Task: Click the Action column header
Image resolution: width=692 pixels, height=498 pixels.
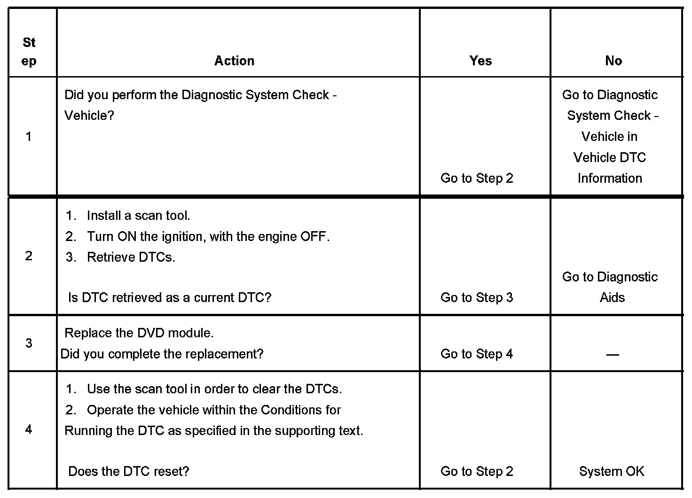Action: pyautogui.click(x=234, y=61)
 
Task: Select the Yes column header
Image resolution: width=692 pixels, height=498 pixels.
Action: pyautogui.click(x=480, y=61)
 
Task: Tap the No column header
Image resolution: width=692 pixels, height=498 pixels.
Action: pyautogui.click(x=613, y=61)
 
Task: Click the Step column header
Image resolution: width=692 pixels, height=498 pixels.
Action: pyautogui.click(x=29, y=52)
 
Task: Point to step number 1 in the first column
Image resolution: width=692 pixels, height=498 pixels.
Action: pyautogui.click(x=29, y=137)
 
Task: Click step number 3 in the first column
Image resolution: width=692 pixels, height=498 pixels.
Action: pyautogui.click(x=29, y=343)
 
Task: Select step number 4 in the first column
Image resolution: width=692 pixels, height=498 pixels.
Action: pyautogui.click(x=29, y=429)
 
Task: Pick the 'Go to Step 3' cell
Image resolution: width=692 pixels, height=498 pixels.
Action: pyautogui.click(x=477, y=297)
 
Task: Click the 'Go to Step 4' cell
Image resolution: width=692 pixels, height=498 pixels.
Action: pyautogui.click(x=477, y=354)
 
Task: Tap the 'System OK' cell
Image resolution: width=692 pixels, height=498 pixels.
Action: pyautogui.click(x=612, y=471)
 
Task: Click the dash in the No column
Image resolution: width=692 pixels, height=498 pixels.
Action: pyautogui.click(x=613, y=355)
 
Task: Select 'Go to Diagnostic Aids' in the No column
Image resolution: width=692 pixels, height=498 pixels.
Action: pyautogui.click(x=610, y=287)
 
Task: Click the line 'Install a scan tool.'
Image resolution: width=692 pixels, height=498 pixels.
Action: pyautogui.click(x=138, y=216)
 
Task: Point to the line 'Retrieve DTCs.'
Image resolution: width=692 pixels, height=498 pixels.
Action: pyautogui.click(x=131, y=257)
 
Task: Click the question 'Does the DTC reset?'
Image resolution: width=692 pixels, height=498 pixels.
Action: pyautogui.click(x=128, y=471)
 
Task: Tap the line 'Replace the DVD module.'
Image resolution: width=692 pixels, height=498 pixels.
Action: pyautogui.click(x=139, y=333)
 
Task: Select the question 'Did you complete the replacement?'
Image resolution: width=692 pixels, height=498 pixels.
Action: pyautogui.click(x=162, y=354)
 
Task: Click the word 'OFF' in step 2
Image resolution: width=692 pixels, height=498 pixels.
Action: pyautogui.click(x=314, y=236)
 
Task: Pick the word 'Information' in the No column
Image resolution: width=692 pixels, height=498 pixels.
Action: pyautogui.click(x=610, y=179)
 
